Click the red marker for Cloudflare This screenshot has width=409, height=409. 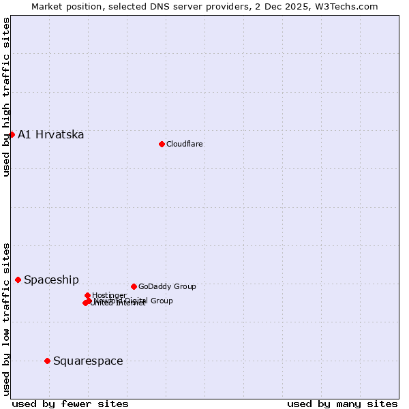point(162,144)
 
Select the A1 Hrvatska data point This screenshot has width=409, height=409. point(12,134)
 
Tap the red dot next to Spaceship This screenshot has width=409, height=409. point(18,279)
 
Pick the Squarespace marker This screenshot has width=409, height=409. point(47,361)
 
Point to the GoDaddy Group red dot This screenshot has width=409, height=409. point(134,286)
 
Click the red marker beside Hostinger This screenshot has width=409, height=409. point(87,295)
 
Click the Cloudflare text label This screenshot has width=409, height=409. point(184,144)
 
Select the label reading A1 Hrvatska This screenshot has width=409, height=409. point(51,134)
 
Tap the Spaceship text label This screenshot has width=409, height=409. point(51,279)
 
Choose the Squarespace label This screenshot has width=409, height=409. point(88,361)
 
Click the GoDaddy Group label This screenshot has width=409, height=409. point(167,286)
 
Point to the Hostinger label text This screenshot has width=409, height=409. point(109,295)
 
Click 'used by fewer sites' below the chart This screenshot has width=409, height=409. point(70,404)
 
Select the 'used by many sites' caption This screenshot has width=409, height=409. point(342,404)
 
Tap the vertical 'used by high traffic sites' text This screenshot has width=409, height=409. point(6,97)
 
